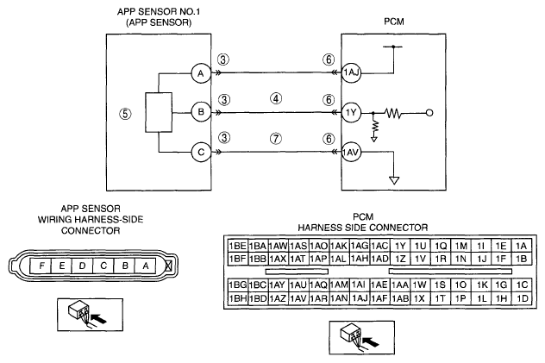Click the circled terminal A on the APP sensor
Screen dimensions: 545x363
201,73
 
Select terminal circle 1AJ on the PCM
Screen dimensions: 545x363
351,73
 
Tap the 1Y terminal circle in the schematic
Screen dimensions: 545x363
351,113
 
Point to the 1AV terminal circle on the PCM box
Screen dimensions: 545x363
351,152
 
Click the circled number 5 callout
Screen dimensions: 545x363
126,114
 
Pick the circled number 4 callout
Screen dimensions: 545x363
276,98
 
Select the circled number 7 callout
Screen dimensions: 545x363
276,139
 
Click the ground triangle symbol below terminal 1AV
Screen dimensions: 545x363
394,180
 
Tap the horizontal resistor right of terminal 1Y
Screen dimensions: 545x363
393,113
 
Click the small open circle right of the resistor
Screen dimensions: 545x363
429,113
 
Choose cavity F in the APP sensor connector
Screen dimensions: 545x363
41,266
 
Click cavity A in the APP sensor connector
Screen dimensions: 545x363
146,266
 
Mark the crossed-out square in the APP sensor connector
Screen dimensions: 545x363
168,266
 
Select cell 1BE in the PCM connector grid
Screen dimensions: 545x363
238,246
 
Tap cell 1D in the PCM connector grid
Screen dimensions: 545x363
522,298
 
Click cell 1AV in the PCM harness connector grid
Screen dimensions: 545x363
298,298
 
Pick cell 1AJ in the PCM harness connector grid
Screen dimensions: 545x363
360,298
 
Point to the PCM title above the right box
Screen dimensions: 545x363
394,22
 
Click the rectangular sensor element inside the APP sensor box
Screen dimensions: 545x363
159,112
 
